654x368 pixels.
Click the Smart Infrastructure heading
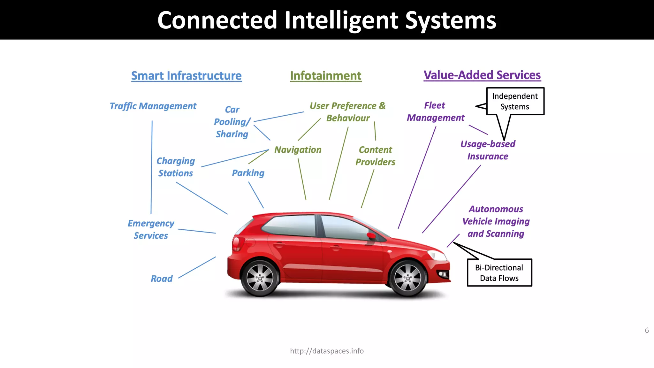pos(186,76)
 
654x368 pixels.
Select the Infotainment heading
pos(325,76)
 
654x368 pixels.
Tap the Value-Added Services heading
pos(482,75)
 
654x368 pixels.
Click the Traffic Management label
pos(153,106)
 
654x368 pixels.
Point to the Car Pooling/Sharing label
pos(232,122)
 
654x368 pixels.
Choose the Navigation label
pos(298,149)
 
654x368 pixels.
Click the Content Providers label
pos(375,156)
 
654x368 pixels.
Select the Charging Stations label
pos(176,167)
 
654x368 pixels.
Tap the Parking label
pos(248,173)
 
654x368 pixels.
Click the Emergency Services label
pos(151,229)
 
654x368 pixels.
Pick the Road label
pos(162,279)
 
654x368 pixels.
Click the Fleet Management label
pos(436,111)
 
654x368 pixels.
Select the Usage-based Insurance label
pos(488,150)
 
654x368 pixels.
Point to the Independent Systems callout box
pos(515,101)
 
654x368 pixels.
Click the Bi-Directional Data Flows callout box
pos(499,272)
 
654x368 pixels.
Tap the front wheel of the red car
pos(407,278)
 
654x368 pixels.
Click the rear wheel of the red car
pos(260,278)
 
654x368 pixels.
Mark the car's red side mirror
pos(371,236)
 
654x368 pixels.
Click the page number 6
pos(647,330)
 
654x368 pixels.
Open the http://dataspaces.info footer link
pos(327,351)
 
